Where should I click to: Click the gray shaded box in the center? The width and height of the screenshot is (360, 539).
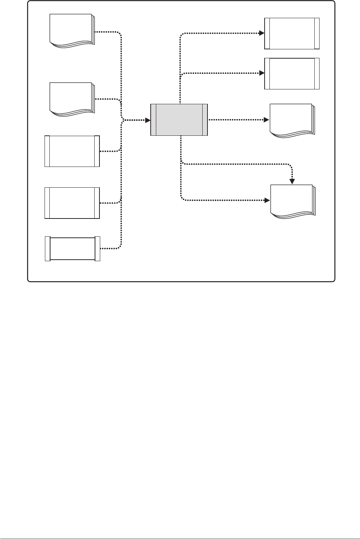click(179, 120)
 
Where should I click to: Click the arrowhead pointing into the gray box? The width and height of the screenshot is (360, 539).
click(148, 120)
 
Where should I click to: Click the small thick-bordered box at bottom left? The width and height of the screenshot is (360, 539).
click(72, 249)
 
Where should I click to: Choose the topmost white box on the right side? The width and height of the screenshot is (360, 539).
click(292, 33)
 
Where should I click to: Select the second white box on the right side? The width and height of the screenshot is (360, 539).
click(292, 73)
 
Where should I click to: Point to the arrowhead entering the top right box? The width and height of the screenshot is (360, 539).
click(262, 33)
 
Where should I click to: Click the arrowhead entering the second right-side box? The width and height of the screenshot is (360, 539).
click(262, 73)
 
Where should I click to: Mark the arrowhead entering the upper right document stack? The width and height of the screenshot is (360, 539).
click(267, 120)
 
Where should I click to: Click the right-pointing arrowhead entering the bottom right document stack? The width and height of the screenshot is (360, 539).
click(267, 200)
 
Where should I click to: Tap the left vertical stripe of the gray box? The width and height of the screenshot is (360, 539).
click(154, 120)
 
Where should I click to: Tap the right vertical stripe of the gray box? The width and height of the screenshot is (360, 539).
click(205, 120)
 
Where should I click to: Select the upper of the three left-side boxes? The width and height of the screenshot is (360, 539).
click(72, 151)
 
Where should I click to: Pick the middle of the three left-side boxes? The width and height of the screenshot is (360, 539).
click(72, 203)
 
